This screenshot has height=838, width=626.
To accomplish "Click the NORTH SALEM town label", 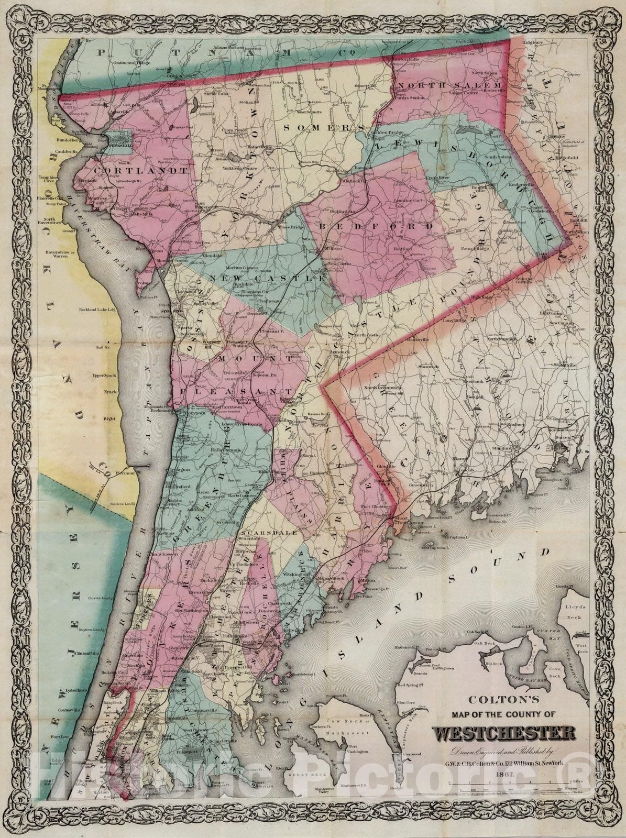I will point(450,85).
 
